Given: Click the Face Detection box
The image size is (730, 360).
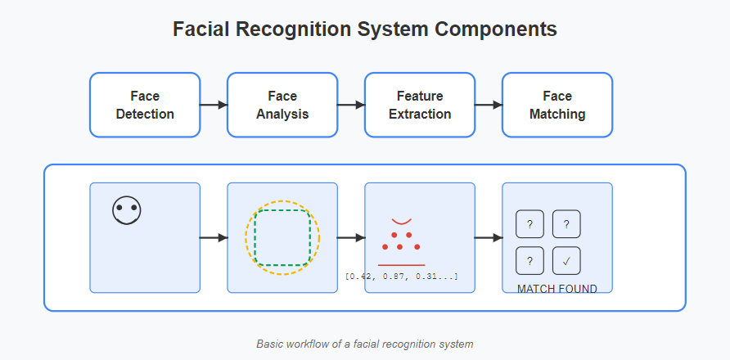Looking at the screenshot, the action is click(x=145, y=105).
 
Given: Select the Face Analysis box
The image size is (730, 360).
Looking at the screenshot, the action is click(x=282, y=105).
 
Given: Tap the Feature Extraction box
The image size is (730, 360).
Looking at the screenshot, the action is click(x=420, y=105).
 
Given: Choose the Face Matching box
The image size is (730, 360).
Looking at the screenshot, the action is click(x=557, y=105).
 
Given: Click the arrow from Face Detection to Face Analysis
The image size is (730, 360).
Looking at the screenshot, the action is click(x=214, y=105).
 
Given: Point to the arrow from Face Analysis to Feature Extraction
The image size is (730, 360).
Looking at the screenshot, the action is click(x=351, y=105).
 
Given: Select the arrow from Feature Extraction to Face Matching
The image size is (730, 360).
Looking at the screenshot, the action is click(x=489, y=105).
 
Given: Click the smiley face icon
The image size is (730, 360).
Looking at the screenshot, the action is click(x=127, y=210).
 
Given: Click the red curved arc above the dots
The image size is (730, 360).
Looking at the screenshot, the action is click(x=401, y=223).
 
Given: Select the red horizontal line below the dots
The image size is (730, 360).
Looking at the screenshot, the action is click(x=401, y=265).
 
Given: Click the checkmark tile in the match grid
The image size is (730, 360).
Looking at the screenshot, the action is click(x=566, y=261).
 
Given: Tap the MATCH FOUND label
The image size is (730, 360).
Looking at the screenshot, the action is click(x=557, y=289).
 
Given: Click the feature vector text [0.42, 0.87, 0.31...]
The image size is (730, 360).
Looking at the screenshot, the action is click(x=401, y=277).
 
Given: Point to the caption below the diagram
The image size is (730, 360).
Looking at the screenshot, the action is click(x=364, y=344).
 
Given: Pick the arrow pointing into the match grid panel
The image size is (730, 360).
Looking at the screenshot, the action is click(x=489, y=238).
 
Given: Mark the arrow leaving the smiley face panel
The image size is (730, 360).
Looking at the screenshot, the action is click(x=214, y=238).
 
